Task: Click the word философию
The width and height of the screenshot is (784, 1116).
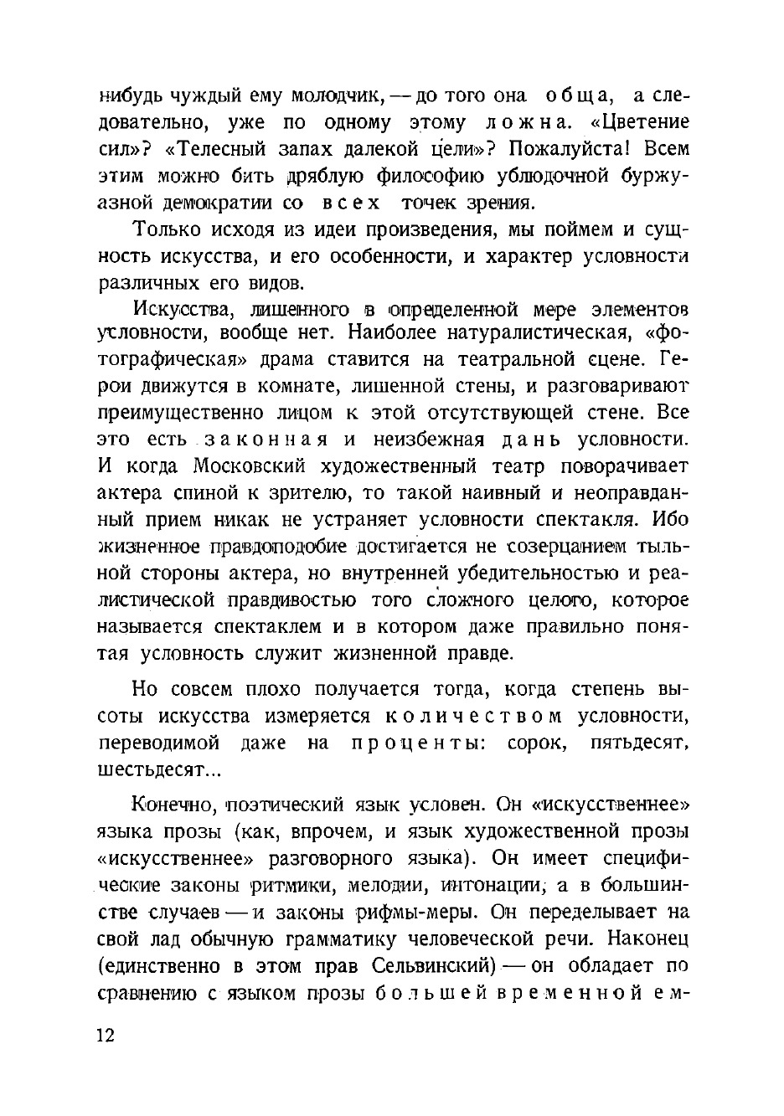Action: pos(437,176)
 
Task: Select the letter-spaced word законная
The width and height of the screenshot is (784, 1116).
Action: pos(266,440)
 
